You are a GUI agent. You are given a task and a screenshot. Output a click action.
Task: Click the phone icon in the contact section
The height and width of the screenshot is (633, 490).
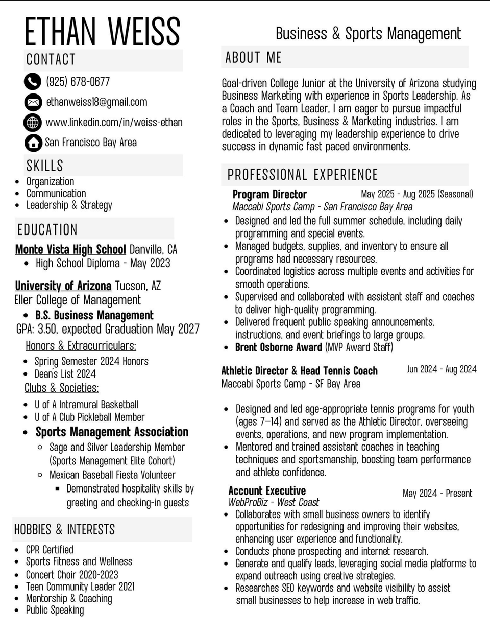pos(33,81)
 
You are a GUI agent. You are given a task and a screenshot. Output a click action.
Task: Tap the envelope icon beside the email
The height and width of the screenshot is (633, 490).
pos(33,102)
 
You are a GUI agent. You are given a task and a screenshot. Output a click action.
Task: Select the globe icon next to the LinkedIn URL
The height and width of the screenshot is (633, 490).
pos(33,122)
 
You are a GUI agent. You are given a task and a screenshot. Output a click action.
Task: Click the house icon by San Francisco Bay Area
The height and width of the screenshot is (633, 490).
pos(33,143)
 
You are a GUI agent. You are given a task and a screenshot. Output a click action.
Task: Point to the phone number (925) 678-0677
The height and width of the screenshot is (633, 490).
pos(78,81)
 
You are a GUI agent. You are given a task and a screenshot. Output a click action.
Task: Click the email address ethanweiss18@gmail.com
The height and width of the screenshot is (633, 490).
pos(96,102)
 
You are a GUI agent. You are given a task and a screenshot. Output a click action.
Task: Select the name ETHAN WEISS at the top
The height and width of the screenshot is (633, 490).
pos(102,32)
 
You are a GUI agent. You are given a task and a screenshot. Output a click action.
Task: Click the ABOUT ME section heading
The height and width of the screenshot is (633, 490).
pos(253,58)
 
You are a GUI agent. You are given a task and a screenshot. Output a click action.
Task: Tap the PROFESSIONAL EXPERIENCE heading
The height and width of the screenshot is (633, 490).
pos(302,175)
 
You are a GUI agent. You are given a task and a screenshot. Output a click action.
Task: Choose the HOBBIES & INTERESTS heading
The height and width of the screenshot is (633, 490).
pos(64,529)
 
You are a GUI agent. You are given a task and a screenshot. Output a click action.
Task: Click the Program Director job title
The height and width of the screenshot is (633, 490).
pos(269,194)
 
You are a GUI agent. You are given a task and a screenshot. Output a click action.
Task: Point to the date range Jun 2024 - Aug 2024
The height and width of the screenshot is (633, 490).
pos(442,369)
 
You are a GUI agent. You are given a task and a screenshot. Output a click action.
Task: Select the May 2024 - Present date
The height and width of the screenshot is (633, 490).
pos(437,493)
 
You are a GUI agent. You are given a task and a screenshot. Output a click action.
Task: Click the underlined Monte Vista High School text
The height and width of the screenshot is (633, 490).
pos(70,249)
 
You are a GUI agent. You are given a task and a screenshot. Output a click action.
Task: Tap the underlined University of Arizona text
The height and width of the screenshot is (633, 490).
pos(63,286)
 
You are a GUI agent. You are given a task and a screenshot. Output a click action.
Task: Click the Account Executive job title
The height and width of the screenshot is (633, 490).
pos(267,491)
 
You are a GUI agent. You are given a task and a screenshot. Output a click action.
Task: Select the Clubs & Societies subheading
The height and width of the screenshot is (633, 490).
pos(62,388)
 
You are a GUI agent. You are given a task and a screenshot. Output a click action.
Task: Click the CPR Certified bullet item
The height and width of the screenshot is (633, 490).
pos(50,550)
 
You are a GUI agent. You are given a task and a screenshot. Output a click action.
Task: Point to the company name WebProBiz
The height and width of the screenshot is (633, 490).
pos(248,502)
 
